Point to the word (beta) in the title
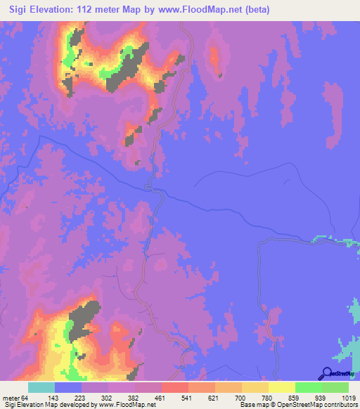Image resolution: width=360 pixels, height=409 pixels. (x=260, y=9)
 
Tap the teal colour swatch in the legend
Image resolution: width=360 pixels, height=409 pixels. (x=41, y=388)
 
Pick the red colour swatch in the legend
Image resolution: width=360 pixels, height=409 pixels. (x=174, y=388)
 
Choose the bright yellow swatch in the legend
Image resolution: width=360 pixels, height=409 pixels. (x=281, y=388)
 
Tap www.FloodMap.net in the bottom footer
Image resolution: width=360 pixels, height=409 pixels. (x=115, y=405)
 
